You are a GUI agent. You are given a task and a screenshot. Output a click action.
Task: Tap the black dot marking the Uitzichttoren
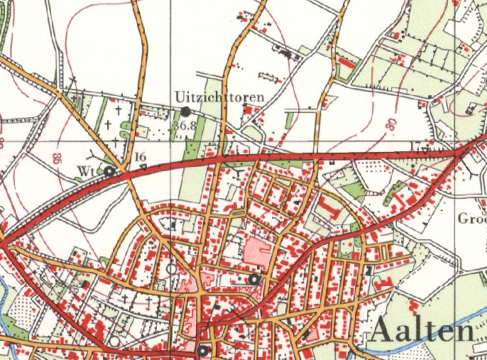click(186, 111)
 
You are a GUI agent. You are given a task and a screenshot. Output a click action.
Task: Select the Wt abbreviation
click(86, 171)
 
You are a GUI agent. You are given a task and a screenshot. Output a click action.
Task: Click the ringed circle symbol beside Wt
click(109, 171)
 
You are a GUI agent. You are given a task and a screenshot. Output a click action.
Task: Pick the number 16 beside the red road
click(139, 156)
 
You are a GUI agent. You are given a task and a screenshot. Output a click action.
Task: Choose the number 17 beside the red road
click(415, 146)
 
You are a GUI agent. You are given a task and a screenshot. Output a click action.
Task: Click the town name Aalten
click(422, 332)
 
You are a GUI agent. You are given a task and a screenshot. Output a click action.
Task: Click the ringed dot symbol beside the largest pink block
click(253, 279)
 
